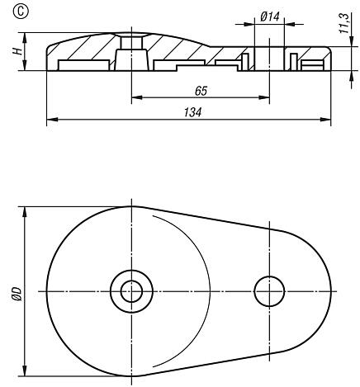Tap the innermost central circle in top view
pos(130,290)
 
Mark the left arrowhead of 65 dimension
pos(135,98)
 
